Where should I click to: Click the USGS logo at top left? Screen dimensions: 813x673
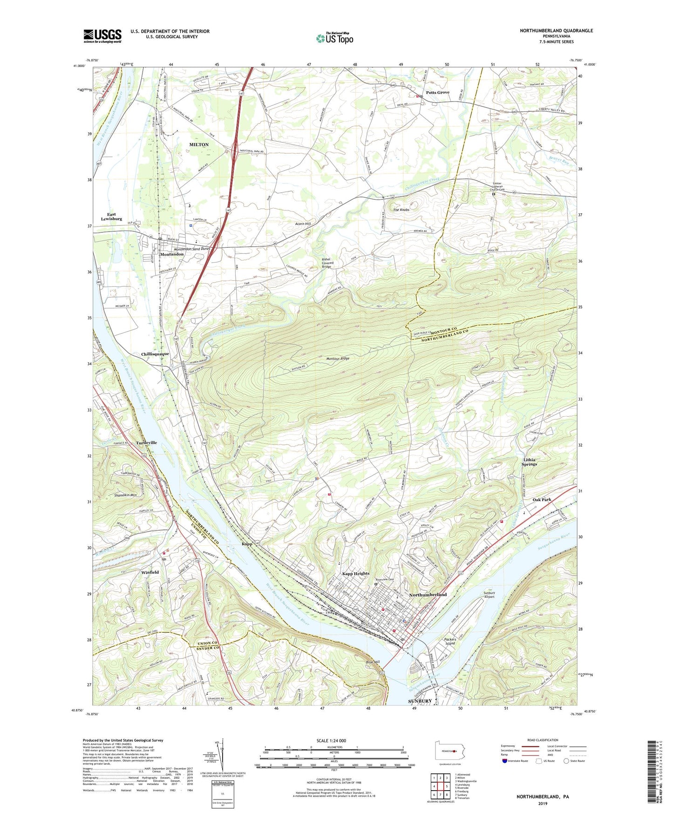coord(102,36)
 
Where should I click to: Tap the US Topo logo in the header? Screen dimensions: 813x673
coord(334,38)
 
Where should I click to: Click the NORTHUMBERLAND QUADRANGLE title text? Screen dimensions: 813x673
coord(556,31)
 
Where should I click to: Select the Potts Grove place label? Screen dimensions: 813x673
coord(437,92)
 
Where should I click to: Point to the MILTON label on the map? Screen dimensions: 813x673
coord(199,145)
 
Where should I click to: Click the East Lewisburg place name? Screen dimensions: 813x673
coord(111,217)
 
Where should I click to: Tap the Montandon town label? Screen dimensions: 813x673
coord(172,254)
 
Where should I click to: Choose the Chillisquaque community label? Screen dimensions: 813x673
coord(155,354)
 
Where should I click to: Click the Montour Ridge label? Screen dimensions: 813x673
coord(338,359)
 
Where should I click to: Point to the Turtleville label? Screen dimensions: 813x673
coord(146,442)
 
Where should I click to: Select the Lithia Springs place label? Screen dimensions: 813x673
coord(529,461)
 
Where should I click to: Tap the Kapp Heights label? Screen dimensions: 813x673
coord(355,574)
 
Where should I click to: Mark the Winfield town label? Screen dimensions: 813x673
coord(150,572)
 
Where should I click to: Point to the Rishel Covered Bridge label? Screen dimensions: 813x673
coord(326,263)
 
